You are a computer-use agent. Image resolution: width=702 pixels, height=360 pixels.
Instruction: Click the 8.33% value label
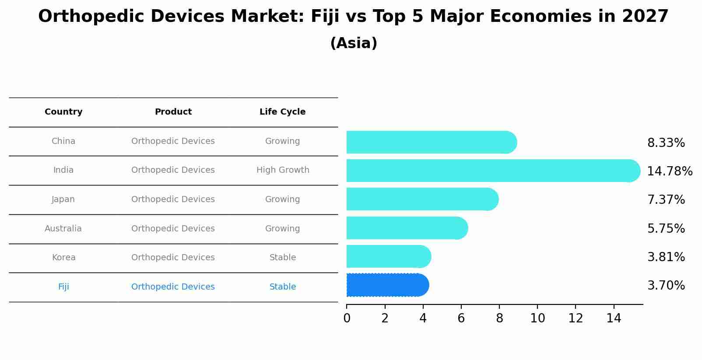click(666, 143)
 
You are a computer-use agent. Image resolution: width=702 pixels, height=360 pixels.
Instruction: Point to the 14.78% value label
click(670, 171)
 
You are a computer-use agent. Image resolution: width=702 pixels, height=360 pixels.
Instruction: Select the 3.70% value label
click(666, 286)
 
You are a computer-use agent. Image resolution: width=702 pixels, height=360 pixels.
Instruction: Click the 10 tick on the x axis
click(537, 318)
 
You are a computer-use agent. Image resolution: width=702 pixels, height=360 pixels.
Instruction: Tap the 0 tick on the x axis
click(347, 318)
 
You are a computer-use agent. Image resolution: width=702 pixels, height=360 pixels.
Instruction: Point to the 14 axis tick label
click(614, 318)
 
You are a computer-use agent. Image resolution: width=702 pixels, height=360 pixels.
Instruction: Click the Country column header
click(63, 112)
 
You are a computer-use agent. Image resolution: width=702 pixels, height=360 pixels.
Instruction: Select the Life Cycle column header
click(282, 112)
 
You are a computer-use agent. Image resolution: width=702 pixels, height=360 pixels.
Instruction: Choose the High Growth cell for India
click(283, 170)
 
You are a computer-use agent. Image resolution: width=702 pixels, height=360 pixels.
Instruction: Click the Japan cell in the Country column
click(63, 199)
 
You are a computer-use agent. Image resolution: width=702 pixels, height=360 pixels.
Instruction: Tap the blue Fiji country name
click(63, 287)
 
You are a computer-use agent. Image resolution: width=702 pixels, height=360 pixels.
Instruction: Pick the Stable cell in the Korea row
click(283, 258)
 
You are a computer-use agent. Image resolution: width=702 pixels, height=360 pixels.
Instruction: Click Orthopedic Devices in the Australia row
click(173, 229)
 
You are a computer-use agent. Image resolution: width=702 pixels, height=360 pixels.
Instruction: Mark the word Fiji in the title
click(325, 17)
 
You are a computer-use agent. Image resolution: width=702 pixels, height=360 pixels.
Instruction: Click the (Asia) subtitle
click(354, 43)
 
